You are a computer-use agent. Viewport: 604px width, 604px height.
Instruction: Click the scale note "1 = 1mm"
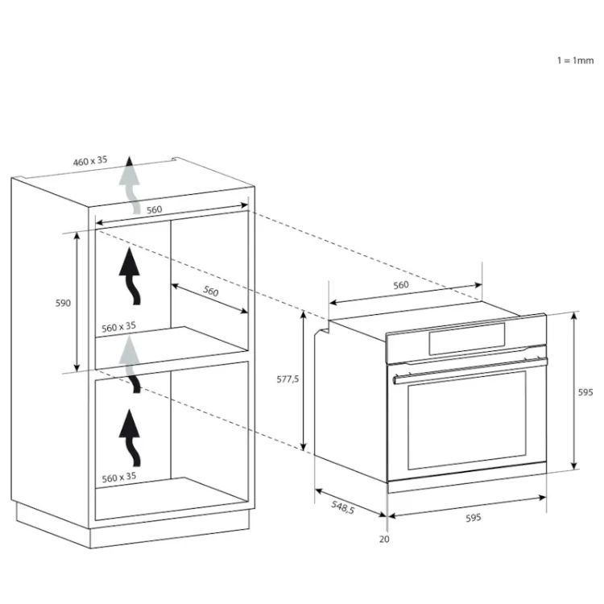pos(575,60)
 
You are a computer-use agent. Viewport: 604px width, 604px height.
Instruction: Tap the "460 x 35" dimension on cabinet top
pos(90,160)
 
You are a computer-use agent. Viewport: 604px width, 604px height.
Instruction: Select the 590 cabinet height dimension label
pos(63,303)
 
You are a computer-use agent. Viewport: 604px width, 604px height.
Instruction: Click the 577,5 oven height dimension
pos(288,379)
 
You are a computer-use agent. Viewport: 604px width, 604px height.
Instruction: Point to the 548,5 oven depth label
pos(342,507)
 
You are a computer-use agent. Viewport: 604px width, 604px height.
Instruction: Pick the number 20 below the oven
pos(384,540)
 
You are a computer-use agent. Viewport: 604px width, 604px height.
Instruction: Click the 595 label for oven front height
pos(585,392)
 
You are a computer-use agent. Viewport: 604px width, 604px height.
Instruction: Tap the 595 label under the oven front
pos(473,518)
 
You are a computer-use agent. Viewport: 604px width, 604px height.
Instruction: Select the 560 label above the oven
pos(400,285)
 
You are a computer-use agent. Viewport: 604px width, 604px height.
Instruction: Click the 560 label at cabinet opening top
pos(154,209)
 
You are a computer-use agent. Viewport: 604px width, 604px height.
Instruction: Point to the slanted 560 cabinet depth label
pos(211,291)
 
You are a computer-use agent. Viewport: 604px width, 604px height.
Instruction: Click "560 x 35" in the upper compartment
pos(118,327)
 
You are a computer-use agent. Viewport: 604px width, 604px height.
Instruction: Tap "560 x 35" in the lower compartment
pos(118,477)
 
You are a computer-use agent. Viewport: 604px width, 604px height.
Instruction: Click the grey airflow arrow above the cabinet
pos(130,185)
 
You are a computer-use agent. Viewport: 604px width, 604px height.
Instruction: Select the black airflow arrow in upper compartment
pos(130,275)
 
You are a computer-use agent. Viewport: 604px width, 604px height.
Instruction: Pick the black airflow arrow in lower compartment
pos(130,437)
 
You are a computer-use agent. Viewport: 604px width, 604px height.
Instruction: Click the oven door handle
pos(470,370)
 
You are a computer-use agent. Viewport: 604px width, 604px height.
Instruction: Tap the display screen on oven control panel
pos(467,338)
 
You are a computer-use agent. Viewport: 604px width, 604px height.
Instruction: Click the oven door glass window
pos(467,420)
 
